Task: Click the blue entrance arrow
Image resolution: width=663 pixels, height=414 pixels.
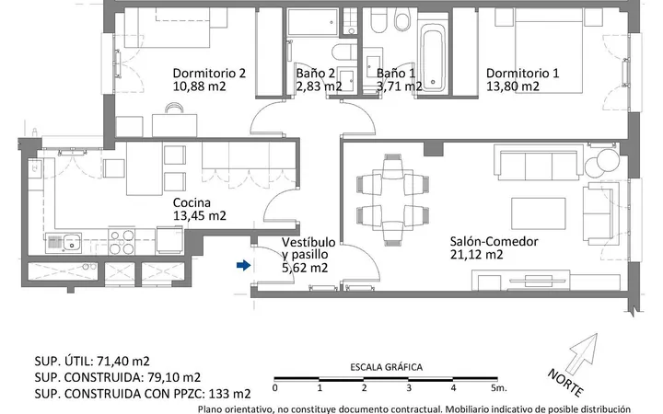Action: point(243,265)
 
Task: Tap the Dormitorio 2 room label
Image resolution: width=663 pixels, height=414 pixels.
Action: point(209,73)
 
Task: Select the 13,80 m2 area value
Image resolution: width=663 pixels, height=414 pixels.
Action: point(513,86)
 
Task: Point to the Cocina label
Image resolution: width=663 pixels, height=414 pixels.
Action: point(192,202)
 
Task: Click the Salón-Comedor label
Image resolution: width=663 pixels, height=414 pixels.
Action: point(494,242)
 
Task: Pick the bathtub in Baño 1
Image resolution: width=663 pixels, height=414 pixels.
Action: point(434,57)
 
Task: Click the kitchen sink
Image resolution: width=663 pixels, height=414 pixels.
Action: point(64,243)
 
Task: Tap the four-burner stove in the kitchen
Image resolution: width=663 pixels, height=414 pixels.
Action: point(122,242)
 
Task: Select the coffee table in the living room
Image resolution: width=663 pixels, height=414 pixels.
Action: point(539,213)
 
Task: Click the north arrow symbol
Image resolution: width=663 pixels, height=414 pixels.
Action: point(583,353)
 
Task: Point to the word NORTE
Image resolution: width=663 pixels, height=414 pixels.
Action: point(565,383)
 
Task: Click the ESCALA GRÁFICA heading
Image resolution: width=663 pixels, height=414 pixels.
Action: point(386,367)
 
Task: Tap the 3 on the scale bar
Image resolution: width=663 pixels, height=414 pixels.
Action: point(409,388)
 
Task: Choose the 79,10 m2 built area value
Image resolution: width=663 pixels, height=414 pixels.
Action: point(173,377)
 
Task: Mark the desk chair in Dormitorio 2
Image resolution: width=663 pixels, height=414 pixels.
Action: point(175,109)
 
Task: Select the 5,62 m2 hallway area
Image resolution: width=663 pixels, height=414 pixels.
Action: point(305,268)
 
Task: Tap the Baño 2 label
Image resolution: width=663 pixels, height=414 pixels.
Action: point(316,73)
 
